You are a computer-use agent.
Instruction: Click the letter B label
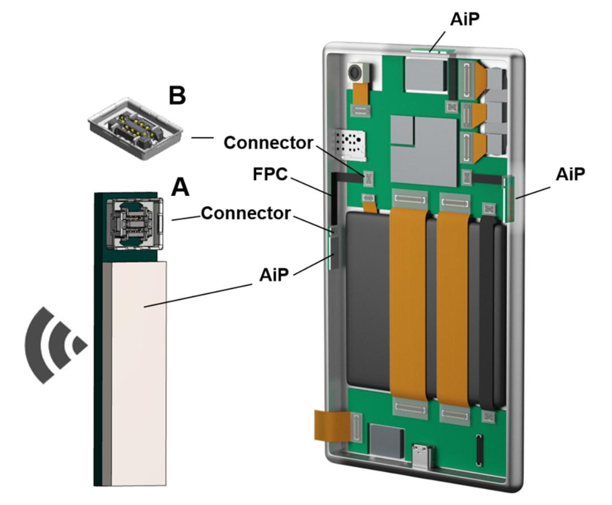pyautogui.click(x=177, y=96)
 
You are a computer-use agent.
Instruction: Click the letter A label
pyautogui.click(x=180, y=187)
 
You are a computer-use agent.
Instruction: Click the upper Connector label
pyautogui.click(x=268, y=143)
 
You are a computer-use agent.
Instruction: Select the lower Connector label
pyautogui.click(x=245, y=213)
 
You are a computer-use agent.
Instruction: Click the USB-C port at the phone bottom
pyautogui.click(x=425, y=452)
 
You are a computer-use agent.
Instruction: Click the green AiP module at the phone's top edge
pyautogui.click(x=429, y=50)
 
